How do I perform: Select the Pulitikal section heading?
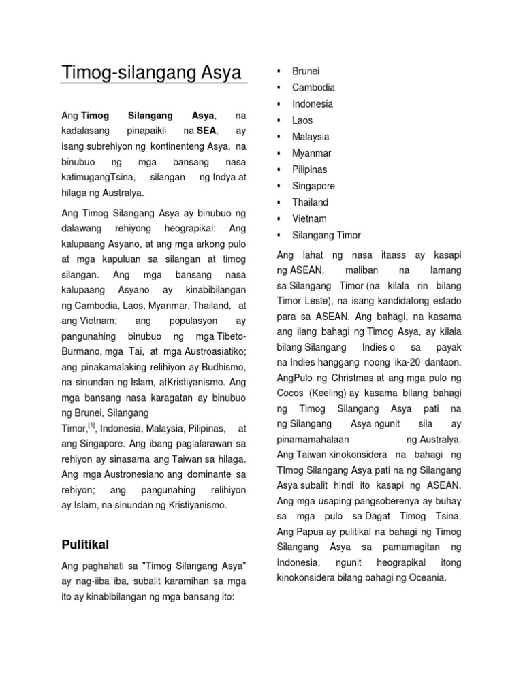coord(85,545)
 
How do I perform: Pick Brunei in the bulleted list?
coord(306,71)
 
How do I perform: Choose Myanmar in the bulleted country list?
coord(312,152)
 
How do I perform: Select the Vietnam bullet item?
coord(309,218)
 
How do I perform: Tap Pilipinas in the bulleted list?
coord(310,169)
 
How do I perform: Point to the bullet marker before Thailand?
coord(279,202)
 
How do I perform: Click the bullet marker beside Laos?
coord(279,120)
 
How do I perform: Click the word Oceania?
coord(425,578)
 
